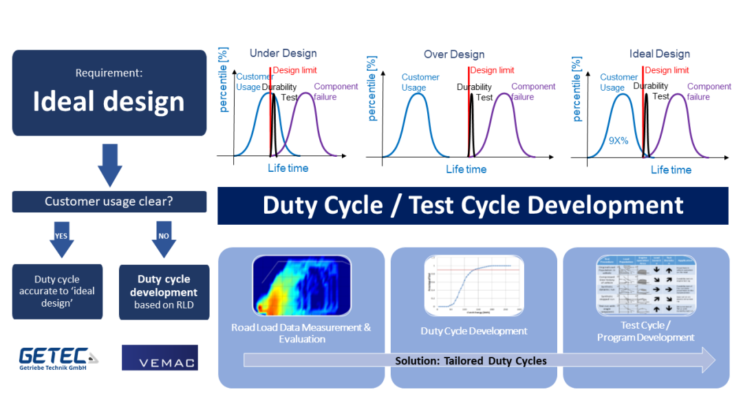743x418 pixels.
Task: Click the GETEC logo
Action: (x=58, y=358)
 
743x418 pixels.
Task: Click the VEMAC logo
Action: (x=160, y=357)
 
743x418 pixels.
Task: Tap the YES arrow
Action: (x=61, y=238)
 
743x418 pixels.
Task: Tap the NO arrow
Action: (x=164, y=238)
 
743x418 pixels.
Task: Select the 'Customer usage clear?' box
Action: (x=109, y=201)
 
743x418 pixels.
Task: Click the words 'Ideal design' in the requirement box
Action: (x=109, y=102)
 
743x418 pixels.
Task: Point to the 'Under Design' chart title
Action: (x=283, y=54)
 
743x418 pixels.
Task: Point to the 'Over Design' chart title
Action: (x=454, y=54)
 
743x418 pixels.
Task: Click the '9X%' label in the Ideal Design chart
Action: (x=618, y=141)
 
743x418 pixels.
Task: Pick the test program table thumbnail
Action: (x=646, y=285)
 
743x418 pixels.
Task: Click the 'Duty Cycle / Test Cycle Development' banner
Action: (x=473, y=206)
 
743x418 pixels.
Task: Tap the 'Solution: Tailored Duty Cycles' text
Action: (x=471, y=361)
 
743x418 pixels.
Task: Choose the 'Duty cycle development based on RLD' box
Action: (x=164, y=292)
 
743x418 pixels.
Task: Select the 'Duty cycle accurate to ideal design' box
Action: (x=57, y=291)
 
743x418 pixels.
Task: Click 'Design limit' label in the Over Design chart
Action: (x=493, y=70)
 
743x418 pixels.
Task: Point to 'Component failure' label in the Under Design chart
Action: (x=336, y=91)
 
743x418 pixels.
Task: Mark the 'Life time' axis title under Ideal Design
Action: (x=671, y=170)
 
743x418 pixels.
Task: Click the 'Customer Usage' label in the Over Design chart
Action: (x=420, y=82)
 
